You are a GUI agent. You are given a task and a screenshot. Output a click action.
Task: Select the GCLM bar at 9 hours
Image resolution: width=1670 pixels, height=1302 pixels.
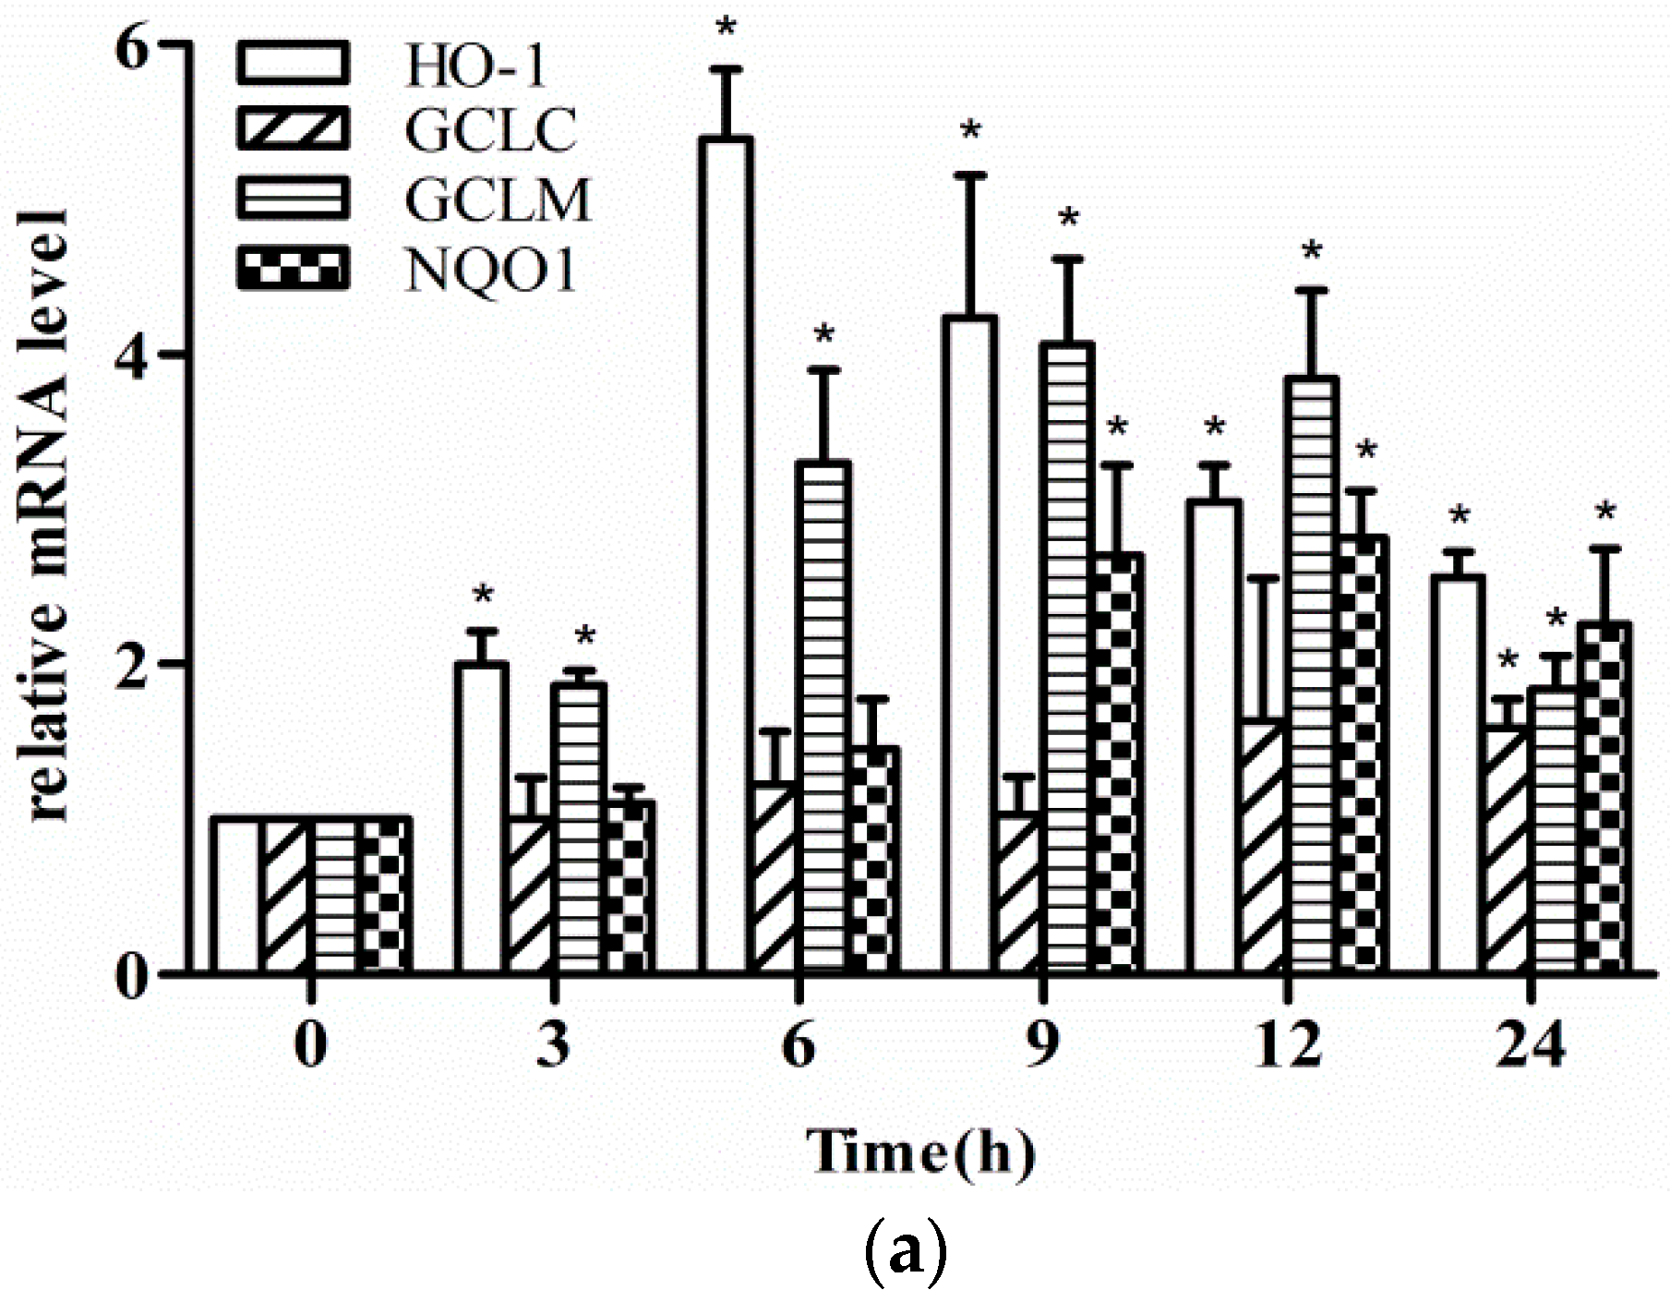coord(1068,656)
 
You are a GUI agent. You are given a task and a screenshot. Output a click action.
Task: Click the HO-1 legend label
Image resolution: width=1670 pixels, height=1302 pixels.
coord(476,66)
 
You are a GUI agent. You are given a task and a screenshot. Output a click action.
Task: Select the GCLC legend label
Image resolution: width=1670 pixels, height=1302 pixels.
coord(490,130)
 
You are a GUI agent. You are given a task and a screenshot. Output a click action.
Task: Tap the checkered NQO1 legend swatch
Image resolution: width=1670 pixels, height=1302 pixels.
coord(294,269)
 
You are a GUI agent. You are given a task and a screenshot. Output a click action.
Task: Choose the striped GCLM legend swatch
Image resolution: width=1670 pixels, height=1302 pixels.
coord(294,199)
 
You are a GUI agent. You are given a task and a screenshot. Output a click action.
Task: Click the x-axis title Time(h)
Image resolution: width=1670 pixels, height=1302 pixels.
coord(920,1152)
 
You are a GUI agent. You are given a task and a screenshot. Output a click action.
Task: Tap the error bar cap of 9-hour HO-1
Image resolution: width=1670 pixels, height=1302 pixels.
coord(970,175)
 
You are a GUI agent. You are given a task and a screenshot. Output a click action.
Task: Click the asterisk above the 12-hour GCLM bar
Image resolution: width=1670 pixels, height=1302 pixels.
coord(1312,251)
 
